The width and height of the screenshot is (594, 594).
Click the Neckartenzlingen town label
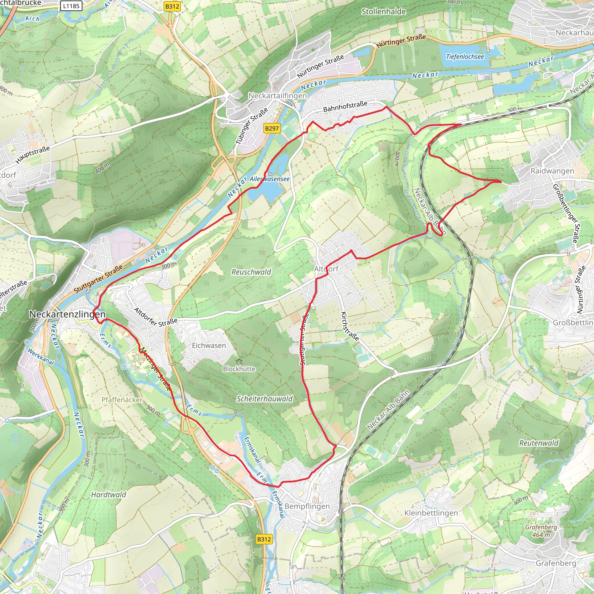67,314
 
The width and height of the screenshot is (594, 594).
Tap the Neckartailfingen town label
277,96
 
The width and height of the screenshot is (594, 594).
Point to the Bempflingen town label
307,506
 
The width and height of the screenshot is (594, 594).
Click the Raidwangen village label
552,171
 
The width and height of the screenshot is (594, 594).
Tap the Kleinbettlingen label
431,513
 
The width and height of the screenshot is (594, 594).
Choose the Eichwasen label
209,345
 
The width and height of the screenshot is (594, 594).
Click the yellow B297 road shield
272,128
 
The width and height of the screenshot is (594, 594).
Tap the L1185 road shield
71,6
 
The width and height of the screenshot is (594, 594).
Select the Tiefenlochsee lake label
465,57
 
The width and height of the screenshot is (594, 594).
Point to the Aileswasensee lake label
269,179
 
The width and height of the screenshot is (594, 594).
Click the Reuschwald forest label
251,272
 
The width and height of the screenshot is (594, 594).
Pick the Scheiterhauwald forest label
265,399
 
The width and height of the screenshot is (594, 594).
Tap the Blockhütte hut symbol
239,360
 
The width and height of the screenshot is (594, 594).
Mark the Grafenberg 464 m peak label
541,531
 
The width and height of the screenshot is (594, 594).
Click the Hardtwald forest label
108,495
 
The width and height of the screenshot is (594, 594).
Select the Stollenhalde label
383,12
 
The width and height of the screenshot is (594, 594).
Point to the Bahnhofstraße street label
345,106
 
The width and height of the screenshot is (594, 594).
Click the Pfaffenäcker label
122,400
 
